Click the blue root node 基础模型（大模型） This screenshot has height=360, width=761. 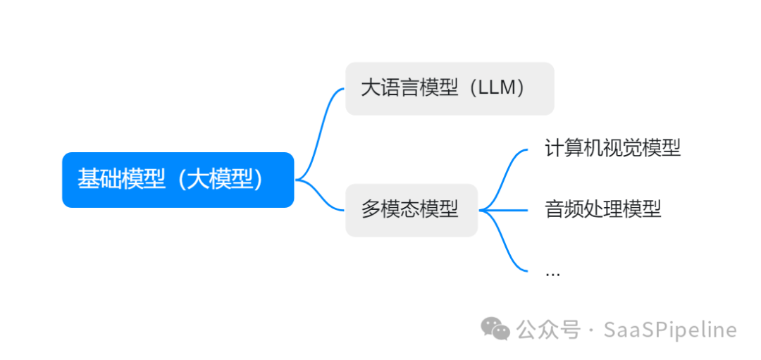[x=178, y=180]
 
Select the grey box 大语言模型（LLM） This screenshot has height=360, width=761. [x=450, y=88]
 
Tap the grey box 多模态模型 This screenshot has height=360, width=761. [x=411, y=209]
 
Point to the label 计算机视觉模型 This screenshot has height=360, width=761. [x=612, y=149]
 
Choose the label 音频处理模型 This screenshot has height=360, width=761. [x=602, y=209]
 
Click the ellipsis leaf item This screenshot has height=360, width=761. [x=552, y=272]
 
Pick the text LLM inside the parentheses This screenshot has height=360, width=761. [x=497, y=88]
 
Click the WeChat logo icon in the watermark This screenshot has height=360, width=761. [x=495, y=328]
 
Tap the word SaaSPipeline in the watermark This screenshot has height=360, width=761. [x=670, y=330]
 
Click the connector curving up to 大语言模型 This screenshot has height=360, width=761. [x=321, y=127]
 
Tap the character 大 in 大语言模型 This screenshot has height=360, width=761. [x=369, y=88]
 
